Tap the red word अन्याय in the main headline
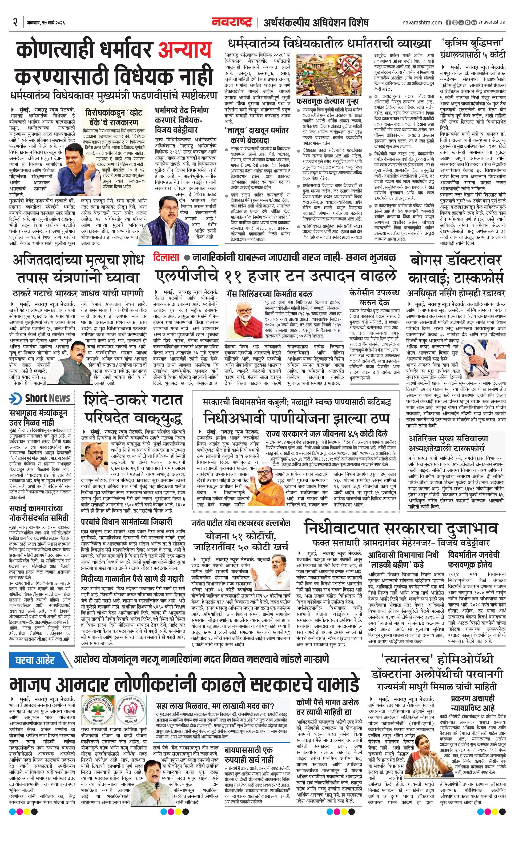[x=184, y=50]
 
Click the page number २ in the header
[x=15, y=22]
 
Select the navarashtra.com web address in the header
[x=422, y=23]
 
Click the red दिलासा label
[x=166, y=257]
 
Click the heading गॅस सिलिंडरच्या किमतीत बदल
[x=269, y=294]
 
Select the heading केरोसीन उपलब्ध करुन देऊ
[x=374, y=297]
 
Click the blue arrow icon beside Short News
[x=15, y=399]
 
